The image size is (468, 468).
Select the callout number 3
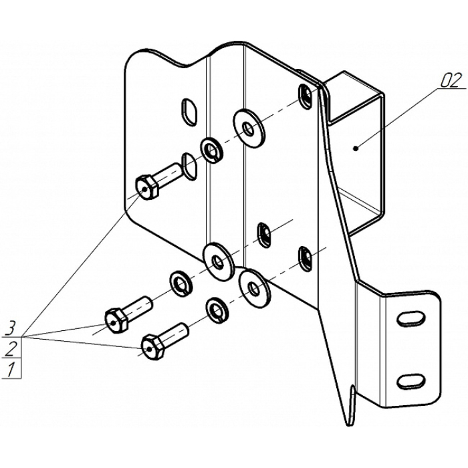[x=11, y=328]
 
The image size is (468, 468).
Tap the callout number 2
[x=11, y=348]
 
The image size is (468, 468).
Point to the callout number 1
[x=11, y=370]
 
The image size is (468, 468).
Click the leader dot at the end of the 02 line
[x=355, y=148]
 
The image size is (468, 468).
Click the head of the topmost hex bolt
[x=146, y=188]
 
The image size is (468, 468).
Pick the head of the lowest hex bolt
[x=152, y=348]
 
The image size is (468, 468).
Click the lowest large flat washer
[x=255, y=289]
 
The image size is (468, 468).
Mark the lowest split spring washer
[x=217, y=310]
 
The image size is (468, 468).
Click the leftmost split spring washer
[x=181, y=283]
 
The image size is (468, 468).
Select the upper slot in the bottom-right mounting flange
[x=411, y=320]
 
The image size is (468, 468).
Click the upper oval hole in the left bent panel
[x=190, y=112]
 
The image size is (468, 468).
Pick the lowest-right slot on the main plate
[x=305, y=259]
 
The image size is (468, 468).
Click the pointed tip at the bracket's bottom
[x=348, y=425]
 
